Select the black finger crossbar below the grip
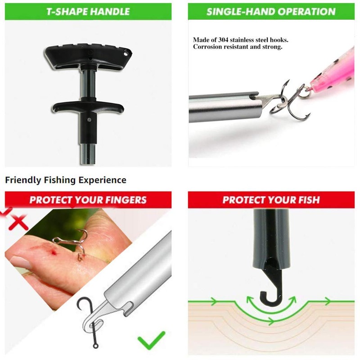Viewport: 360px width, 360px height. click(x=88, y=107)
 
